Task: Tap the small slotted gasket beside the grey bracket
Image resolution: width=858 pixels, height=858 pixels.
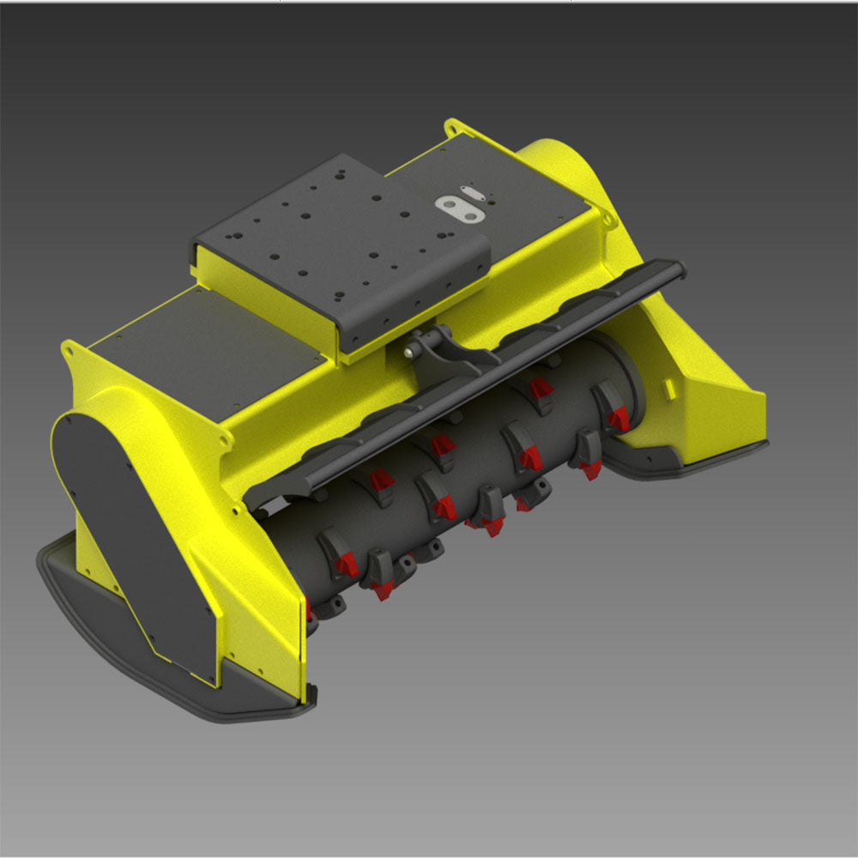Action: (x=472, y=192)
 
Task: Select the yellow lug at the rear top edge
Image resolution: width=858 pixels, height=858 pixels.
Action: (x=455, y=129)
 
